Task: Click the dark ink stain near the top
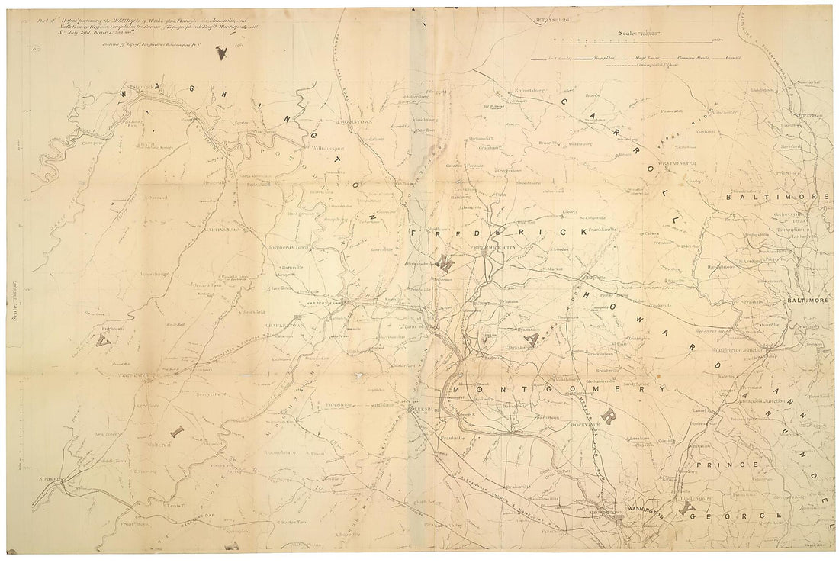coord(222,53)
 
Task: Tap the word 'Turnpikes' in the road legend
coord(596,57)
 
